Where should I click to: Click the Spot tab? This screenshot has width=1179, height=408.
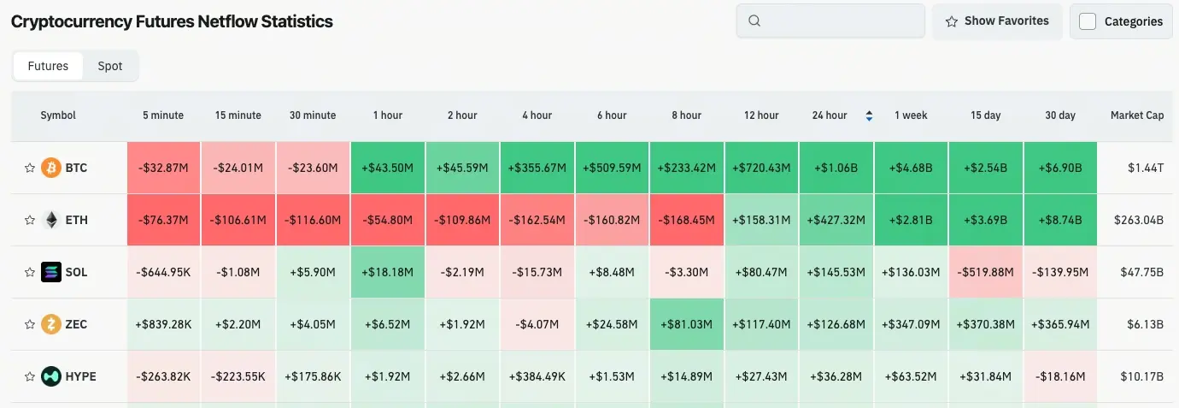coord(109,66)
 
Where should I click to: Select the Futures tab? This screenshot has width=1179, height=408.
coord(48,66)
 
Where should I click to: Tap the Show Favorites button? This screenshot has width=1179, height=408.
coord(996,21)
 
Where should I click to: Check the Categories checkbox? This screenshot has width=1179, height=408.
coord(1088,21)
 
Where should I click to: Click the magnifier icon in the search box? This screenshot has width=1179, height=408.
coord(754,21)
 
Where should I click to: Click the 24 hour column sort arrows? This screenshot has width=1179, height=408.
coord(869,115)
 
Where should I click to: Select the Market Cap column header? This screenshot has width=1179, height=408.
coord(1136,115)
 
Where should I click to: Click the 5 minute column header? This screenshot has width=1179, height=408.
coord(162,115)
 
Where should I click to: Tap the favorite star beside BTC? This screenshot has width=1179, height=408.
coord(30,168)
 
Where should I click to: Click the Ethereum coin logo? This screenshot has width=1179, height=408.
coord(51,220)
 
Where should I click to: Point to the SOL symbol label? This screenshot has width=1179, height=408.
coord(76,272)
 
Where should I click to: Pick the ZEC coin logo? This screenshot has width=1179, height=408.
coord(51,324)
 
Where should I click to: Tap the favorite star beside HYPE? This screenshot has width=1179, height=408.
coord(30,376)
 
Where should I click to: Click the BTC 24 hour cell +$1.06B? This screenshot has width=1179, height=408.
coord(836,168)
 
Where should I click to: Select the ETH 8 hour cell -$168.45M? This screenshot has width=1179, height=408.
coord(687,220)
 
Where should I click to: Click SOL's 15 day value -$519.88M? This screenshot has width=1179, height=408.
coord(986,272)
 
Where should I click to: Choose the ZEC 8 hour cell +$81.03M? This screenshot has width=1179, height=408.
coord(687,324)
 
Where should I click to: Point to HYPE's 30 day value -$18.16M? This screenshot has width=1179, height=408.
coord(1060,376)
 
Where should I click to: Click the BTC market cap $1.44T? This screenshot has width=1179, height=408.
coord(1145,168)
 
